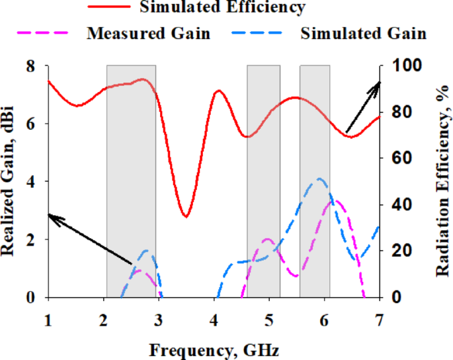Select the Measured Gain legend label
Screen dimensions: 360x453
[148, 33]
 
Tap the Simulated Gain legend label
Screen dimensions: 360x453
[363, 33]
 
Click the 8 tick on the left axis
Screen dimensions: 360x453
[30, 66]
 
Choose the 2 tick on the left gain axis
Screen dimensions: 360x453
[30, 240]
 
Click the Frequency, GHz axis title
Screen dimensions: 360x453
[214, 349]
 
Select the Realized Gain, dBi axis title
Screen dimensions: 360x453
[9, 182]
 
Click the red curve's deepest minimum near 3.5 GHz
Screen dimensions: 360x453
[186, 216]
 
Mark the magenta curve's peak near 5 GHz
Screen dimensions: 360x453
[268, 239]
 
